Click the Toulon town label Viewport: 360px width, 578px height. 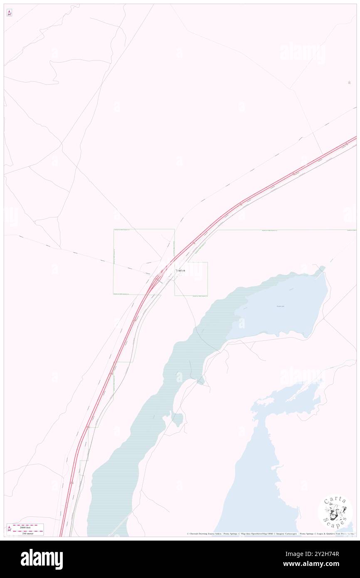pyautogui.click(x=180, y=271)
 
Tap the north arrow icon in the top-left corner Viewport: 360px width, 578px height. pyautogui.click(x=9, y=13)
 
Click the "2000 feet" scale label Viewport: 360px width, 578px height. pyautogui.click(x=28, y=527)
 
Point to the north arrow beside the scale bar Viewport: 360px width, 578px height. pyautogui.click(x=9, y=529)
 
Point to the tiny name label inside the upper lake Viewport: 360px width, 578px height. pyautogui.click(x=281, y=306)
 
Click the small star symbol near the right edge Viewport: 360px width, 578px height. pyautogui.click(x=349, y=82)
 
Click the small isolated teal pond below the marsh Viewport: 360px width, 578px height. pyautogui.click(x=178, y=419)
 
